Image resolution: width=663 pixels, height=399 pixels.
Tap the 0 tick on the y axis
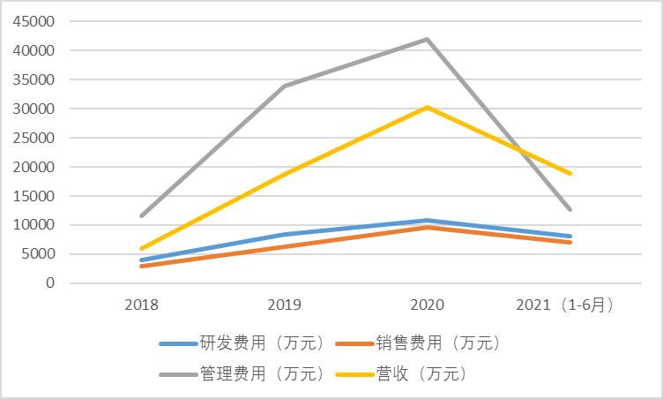(x=50, y=283)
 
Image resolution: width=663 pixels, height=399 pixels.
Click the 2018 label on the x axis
(x=142, y=305)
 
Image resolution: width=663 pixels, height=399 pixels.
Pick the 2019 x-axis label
(x=284, y=305)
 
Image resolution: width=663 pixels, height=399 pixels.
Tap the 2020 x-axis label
(x=427, y=305)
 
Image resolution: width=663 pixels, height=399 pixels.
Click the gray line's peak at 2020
(x=428, y=40)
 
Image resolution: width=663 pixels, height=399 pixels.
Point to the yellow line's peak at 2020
(x=428, y=107)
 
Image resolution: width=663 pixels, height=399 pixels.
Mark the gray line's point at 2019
(x=284, y=86)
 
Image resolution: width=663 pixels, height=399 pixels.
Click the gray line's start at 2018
(x=142, y=215)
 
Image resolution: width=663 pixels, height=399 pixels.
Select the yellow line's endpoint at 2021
(x=570, y=174)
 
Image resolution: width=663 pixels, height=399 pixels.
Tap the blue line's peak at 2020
(x=428, y=221)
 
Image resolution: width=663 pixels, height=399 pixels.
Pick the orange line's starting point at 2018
(x=142, y=266)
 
